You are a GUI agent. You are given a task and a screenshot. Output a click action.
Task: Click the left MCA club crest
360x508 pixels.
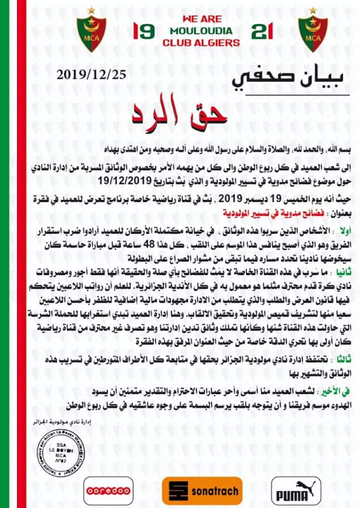tap(91, 33)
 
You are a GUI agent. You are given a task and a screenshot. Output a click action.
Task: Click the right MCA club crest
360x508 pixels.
tap(313, 33)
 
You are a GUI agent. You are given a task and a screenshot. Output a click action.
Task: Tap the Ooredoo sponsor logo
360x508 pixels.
tap(108, 491)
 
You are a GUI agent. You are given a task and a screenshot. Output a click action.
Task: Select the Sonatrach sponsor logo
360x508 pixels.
tap(202, 491)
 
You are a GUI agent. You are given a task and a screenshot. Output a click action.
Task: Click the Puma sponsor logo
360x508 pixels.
tap(295, 491)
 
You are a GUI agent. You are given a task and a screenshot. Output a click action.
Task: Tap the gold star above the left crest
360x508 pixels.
tap(91, 10)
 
